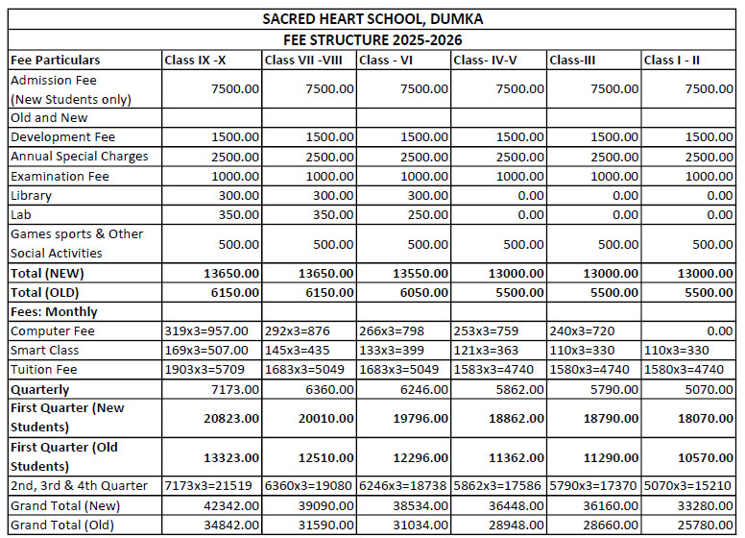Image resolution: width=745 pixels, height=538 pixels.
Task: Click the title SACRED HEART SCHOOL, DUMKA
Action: (372, 19)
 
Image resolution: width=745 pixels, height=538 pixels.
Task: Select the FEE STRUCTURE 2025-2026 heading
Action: (372, 40)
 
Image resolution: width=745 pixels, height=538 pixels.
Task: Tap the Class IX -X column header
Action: (196, 61)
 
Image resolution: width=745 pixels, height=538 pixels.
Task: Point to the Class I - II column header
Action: (671, 61)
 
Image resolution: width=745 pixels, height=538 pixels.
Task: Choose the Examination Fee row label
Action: (60, 176)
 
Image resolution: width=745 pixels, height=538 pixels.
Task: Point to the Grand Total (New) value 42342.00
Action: (229, 504)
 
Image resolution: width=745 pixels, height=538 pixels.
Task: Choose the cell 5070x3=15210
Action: (689, 485)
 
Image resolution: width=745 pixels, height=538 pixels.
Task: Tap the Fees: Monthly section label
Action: (54, 311)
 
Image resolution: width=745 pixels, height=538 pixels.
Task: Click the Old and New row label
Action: (49, 118)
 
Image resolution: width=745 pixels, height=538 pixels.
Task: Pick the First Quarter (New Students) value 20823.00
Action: (229, 418)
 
